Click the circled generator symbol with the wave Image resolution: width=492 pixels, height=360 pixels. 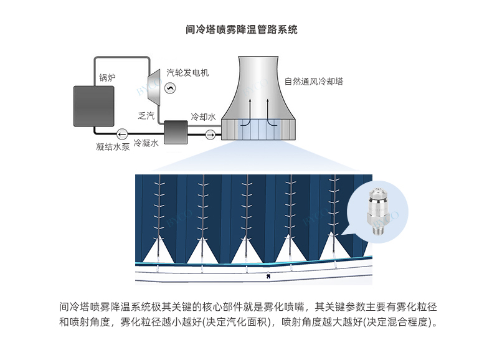(168, 89)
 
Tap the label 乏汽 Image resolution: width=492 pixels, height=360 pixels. (145, 115)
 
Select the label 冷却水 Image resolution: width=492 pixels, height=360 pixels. (203, 117)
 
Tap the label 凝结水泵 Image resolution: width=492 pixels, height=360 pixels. (113, 147)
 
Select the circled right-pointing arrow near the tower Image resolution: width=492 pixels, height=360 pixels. (210, 133)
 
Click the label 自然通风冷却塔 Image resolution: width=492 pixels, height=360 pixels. (315, 82)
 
